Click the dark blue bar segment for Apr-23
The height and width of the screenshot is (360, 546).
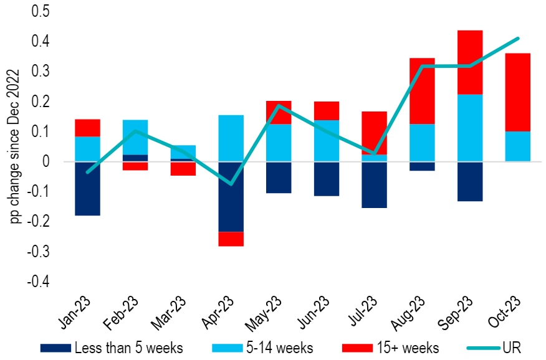click(x=231, y=196)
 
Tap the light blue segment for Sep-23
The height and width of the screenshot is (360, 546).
click(x=470, y=128)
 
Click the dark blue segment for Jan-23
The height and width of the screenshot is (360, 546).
click(x=87, y=188)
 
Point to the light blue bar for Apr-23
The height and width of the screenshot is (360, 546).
click(x=231, y=138)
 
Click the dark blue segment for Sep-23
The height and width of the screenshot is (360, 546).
click(x=470, y=181)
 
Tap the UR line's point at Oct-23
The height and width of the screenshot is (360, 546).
click(x=518, y=39)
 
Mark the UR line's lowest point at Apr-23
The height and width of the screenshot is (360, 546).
click(x=231, y=184)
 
